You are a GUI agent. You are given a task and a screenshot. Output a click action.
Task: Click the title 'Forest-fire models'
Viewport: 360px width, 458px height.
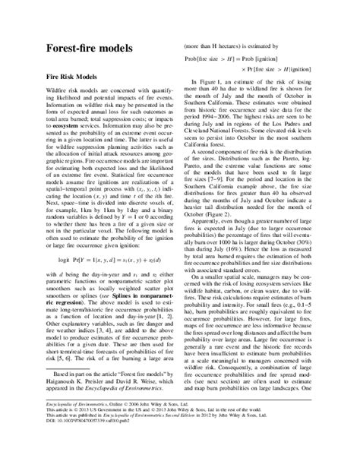(84, 48)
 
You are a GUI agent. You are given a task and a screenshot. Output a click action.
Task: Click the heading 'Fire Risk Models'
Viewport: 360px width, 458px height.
(73, 77)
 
